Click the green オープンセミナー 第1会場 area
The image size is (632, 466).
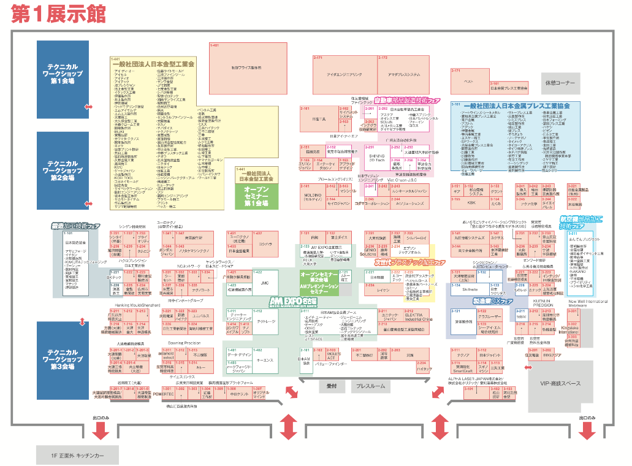[x=257, y=195]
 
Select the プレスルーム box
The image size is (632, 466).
[x=370, y=386]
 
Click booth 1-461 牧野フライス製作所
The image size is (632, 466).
[x=248, y=67]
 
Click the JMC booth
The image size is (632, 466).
[x=265, y=283]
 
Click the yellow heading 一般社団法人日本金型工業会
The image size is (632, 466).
[x=153, y=63]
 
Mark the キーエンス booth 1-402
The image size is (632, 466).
[x=265, y=360]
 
